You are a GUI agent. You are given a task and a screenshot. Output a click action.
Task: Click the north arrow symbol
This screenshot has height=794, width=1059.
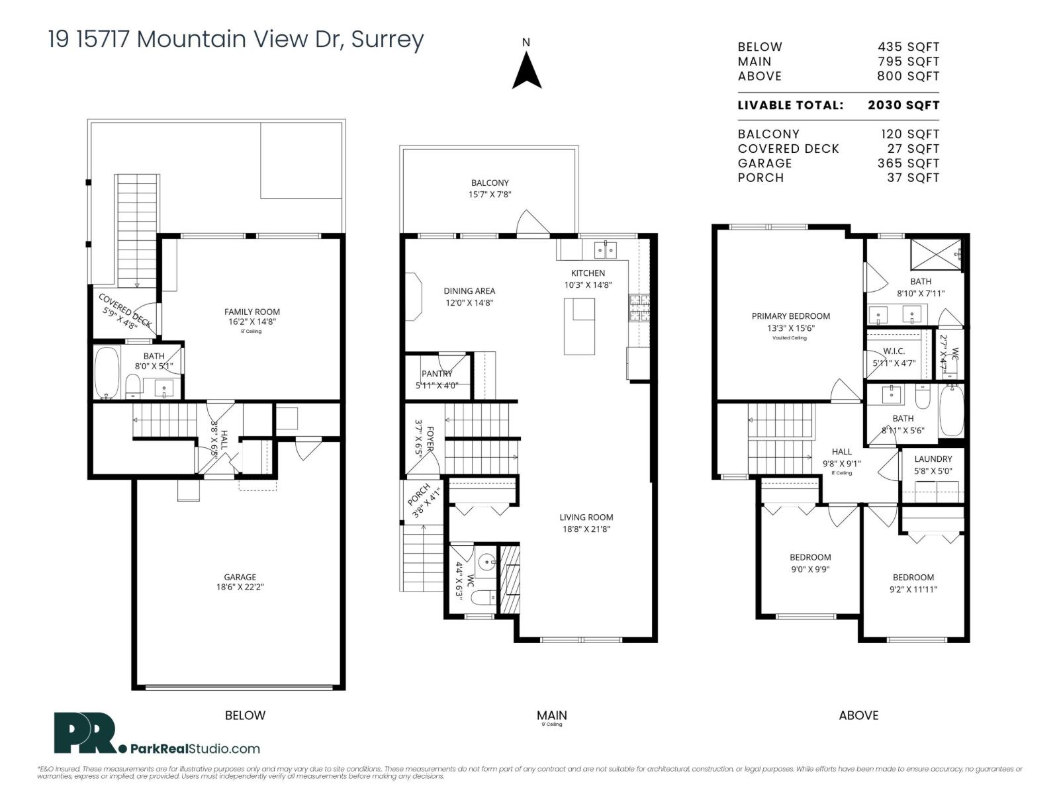[527, 71]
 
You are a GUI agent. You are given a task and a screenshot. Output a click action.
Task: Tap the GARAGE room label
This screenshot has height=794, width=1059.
[240, 577]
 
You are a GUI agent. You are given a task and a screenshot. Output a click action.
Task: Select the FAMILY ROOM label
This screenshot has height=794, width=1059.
[252, 312]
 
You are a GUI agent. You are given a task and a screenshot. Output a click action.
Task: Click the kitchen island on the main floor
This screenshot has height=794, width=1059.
[579, 326]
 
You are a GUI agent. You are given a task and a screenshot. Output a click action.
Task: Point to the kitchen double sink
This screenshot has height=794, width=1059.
[606, 250]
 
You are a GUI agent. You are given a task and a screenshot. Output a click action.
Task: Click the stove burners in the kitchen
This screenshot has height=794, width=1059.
[640, 308]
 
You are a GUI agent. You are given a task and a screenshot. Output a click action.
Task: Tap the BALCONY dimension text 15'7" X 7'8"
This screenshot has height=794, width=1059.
[490, 195]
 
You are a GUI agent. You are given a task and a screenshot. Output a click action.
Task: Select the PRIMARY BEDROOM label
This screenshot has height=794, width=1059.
[790, 316]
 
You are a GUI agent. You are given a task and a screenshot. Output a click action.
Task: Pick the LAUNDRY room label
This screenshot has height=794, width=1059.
[933, 459]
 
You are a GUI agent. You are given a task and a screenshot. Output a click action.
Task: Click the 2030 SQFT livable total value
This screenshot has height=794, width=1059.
[903, 105]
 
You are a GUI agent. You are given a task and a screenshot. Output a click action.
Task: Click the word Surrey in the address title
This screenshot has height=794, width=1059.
[387, 40]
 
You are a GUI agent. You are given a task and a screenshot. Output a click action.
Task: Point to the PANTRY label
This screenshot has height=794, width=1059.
[437, 374]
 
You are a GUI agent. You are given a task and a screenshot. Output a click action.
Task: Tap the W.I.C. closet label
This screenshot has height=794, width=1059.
[894, 351]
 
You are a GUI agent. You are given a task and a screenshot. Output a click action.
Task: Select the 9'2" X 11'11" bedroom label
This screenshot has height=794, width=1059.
[913, 590]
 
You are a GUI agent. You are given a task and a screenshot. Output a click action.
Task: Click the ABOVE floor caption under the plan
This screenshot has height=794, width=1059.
[858, 715]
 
